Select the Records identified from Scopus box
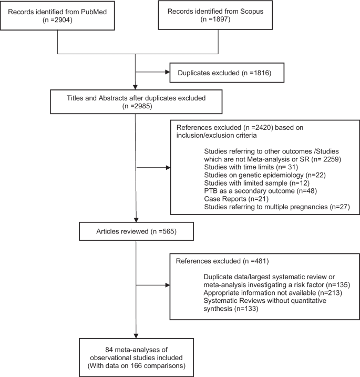coord(217,17)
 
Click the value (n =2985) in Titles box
coord(136,104)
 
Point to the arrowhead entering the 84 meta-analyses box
coord(136,337)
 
